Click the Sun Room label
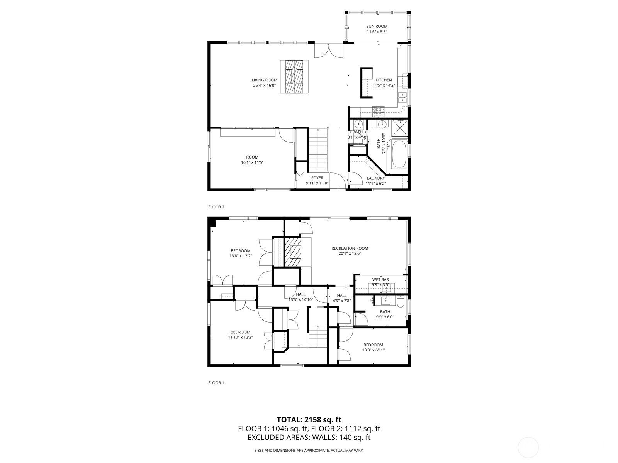click(377, 26)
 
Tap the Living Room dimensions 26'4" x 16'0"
click(264, 85)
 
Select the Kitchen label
click(384, 80)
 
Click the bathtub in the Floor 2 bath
click(399, 154)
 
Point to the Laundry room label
click(375, 178)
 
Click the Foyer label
click(317, 178)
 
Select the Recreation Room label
click(350, 248)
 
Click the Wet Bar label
click(380, 279)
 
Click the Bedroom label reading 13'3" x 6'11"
click(373, 345)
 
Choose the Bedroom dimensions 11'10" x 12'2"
click(241, 337)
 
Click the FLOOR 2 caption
click(216, 207)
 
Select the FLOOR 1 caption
click(216, 383)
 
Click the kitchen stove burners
click(379, 112)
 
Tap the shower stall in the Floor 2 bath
click(399, 128)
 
